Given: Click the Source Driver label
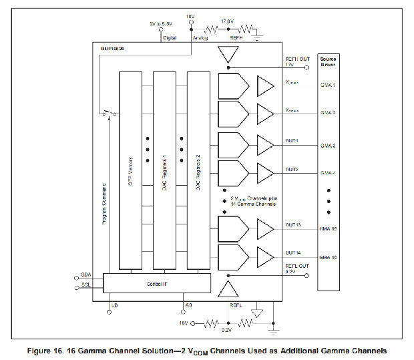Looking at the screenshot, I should click(x=327, y=63).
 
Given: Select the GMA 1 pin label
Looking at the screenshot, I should click(x=327, y=85).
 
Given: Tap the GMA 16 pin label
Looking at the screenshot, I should click(x=327, y=258).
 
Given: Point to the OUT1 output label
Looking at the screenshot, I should click(x=292, y=141).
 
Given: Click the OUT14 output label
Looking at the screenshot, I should click(x=293, y=252).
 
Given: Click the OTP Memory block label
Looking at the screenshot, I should click(x=131, y=170).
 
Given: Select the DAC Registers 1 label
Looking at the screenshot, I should click(x=165, y=170).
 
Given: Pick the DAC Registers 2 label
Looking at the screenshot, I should click(x=199, y=170).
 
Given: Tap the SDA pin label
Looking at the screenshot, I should click(x=85, y=275).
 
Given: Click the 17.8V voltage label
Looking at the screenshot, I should click(x=226, y=21).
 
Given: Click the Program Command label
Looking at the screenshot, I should click(x=106, y=204).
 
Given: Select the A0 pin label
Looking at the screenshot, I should click(x=188, y=305).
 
